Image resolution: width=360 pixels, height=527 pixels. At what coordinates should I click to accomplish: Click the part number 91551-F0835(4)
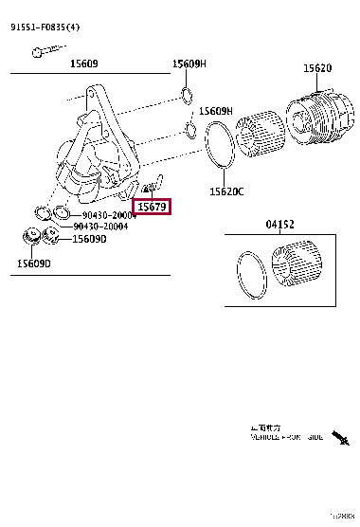click(45, 28)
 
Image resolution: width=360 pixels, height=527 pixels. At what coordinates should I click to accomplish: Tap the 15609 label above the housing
click(85, 64)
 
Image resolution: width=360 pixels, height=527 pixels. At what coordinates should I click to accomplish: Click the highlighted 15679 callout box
click(152, 206)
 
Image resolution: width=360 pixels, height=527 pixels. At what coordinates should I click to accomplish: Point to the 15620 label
click(316, 68)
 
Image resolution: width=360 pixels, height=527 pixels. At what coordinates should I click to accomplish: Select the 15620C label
click(226, 191)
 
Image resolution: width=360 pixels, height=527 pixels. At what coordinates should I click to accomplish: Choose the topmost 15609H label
click(189, 64)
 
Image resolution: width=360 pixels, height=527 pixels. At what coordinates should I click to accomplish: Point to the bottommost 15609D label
click(32, 263)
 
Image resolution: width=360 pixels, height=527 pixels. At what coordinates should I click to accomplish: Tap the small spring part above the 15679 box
click(149, 186)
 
